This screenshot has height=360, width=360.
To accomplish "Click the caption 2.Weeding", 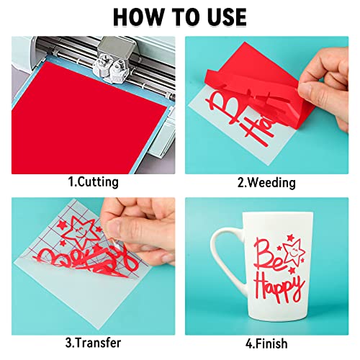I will pos(266,182).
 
